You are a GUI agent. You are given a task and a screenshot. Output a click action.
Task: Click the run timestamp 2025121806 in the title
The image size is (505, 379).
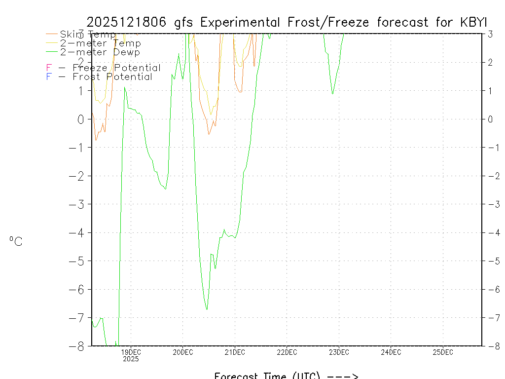pos(129,22)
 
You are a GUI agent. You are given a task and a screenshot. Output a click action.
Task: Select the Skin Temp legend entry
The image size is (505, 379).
pos(88,35)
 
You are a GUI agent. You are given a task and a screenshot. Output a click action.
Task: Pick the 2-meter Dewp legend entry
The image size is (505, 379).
pos(100,52)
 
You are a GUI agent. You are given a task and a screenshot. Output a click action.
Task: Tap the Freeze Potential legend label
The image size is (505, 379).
pos(116,68)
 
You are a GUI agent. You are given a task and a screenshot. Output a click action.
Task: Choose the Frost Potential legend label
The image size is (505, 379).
pos(112,77)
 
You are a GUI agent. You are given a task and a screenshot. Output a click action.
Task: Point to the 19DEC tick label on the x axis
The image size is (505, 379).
pos(131,352)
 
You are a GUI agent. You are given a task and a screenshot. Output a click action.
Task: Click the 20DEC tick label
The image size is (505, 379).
pos(182,352)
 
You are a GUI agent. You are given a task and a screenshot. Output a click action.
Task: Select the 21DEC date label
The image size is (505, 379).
pos(235,352)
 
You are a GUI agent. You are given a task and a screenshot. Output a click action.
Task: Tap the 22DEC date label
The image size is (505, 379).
pos(287,352)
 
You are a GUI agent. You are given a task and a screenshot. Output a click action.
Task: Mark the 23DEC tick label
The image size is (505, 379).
pos(339,352)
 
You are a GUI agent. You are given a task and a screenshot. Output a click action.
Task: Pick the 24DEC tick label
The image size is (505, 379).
pos(391,352)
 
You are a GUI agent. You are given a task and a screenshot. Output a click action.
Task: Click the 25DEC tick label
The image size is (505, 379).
pos(443,352)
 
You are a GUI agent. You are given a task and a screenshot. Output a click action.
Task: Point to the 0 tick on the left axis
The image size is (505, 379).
pos(79,119)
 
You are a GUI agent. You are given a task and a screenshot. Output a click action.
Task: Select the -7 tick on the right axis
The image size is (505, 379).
pos(494,318)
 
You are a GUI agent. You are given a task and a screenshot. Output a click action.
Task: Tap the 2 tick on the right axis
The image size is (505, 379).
pos(491,63)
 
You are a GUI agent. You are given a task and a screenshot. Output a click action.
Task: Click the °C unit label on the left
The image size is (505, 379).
pos(16,241)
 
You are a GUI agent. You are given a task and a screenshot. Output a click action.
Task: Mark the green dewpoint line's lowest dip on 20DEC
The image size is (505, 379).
pos(207,309)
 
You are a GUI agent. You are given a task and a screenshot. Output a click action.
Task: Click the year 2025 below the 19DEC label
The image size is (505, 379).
pos(131,359)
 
